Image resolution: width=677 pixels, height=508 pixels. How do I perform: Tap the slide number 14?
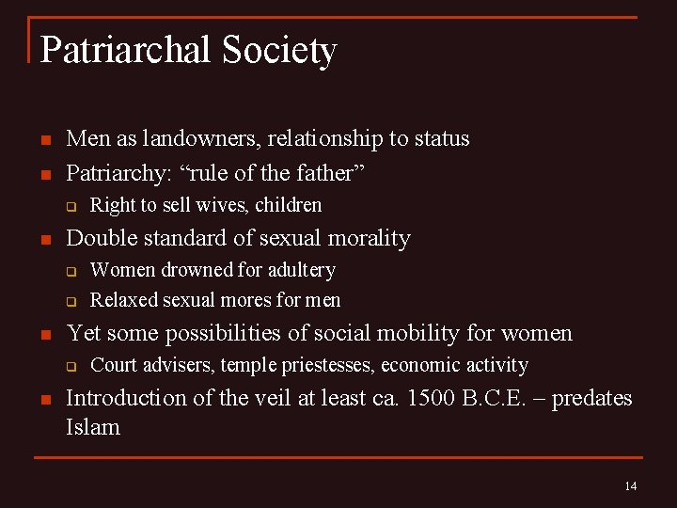pos(630,486)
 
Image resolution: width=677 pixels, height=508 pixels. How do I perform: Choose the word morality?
pos(369,239)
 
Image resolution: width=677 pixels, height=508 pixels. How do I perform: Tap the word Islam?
pos(93,427)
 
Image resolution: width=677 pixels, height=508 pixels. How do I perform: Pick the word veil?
pos(259,398)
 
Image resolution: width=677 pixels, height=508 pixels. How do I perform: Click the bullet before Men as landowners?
pos(43,140)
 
